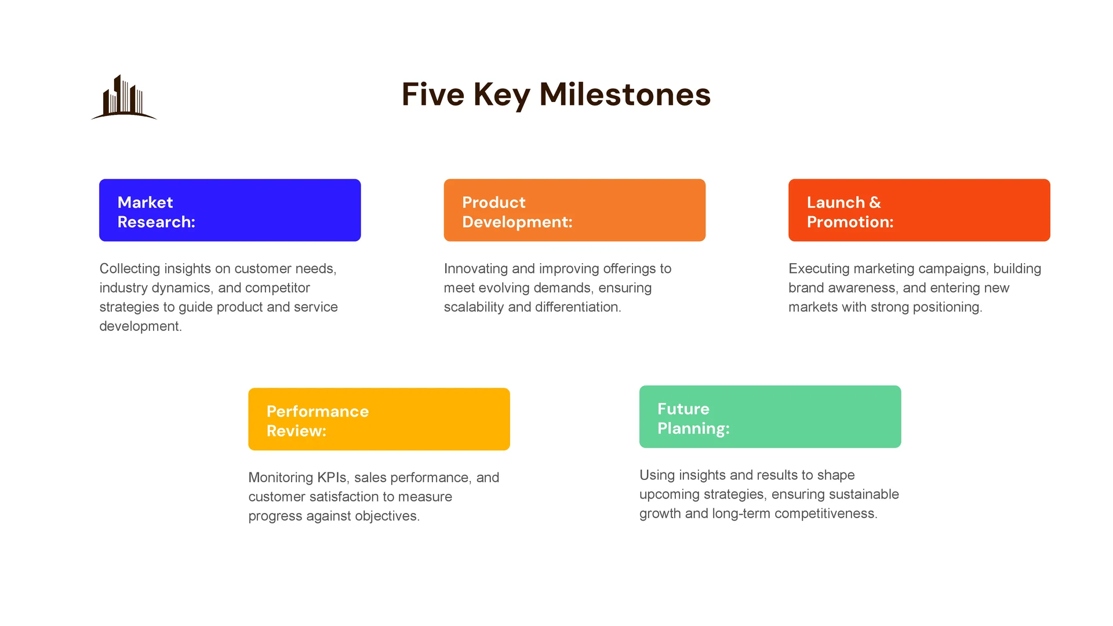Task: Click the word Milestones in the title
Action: coord(625,94)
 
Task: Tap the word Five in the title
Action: coord(433,94)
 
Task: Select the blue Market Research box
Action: coord(230,210)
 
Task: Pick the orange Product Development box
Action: coord(574,210)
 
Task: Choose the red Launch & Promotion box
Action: coord(919,210)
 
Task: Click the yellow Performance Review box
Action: coord(379,419)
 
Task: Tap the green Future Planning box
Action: coord(770,417)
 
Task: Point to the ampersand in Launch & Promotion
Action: coord(875,202)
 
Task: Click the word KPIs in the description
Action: coord(332,478)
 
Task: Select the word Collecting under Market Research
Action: coord(130,269)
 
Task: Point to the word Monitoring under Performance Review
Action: coord(281,478)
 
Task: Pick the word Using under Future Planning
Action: coord(657,475)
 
